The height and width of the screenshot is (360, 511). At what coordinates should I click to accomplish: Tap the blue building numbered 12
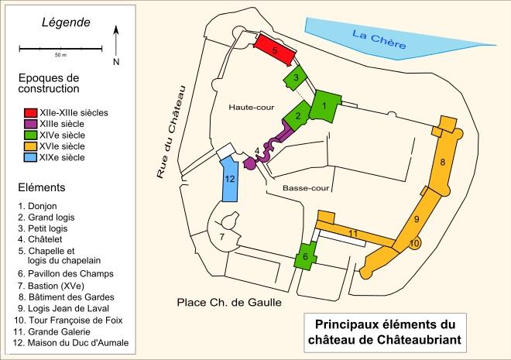(230, 179)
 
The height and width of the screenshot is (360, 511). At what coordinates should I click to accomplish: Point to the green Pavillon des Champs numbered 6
(305, 256)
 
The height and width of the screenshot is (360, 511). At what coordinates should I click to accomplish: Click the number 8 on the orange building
(442, 162)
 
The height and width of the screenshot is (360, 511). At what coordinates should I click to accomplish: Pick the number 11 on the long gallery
(352, 233)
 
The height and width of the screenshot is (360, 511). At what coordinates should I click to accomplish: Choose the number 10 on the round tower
(414, 243)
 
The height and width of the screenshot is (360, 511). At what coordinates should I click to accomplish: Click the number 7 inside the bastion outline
(221, 236)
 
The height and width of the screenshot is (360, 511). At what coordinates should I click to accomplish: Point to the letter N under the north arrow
(115, 62)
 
